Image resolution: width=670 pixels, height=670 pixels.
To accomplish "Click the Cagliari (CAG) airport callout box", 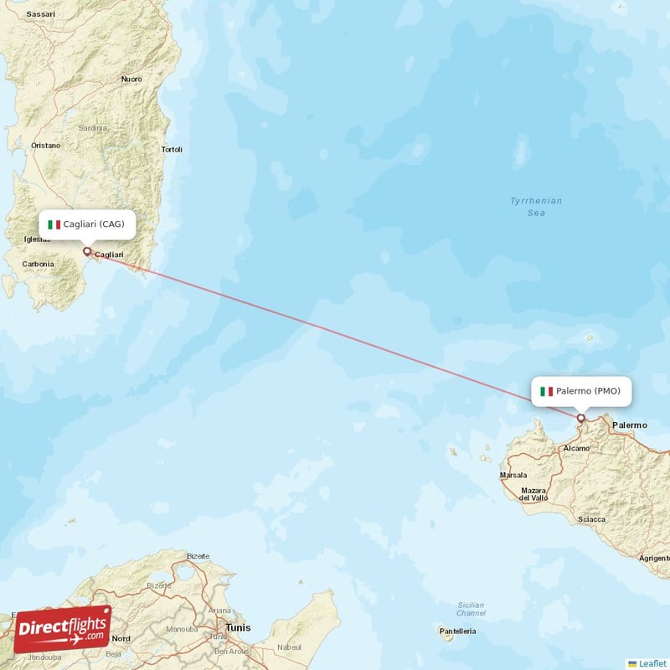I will pyautogui.click(x=87, y=224).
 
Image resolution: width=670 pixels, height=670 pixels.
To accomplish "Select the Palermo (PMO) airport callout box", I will pyautogui.click(x=580, y=391).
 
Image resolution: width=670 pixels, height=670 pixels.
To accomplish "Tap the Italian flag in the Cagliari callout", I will pyautogui.click(x=54, y=224).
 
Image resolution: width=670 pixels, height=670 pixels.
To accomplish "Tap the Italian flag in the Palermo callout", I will pyautogui.click(x=547, y=391).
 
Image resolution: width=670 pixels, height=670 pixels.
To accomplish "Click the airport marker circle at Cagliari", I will pyautogui.click(x=86, y=250).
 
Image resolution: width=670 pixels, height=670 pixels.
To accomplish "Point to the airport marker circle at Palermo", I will pyautogui.click(x=580, y=417).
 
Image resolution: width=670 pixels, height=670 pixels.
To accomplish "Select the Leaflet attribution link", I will pyautogui.click(x=652, y=662).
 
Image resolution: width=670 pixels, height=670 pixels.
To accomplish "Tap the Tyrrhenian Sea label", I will pyautogui.click(x=536, y=207).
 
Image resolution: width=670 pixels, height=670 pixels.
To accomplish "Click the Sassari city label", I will pyautogui.click(x=39, y=15).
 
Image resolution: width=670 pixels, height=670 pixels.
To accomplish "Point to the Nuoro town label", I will pyautogui.click(x=131, y=79).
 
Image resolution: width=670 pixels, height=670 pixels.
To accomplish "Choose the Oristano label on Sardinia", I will pyautogui.click(x=45, y=145).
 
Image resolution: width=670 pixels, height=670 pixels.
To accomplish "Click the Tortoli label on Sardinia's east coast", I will pyautogui.click(x=172, y=150).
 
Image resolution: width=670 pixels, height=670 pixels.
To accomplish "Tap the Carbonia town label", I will pyautogui.click(x=39, y=264).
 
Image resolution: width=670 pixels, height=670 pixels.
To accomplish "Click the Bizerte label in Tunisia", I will pyautogui.click(x=198, y=556).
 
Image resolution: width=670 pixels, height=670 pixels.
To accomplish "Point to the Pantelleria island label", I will pyautogui.click(x=458, y=631).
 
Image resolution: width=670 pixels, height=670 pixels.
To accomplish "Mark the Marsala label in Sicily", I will pyautogui.click(x=513, y=475).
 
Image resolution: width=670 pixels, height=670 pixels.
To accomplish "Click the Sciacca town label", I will pyautogui.click(x=591, y=519).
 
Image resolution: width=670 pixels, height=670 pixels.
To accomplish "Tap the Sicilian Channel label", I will pyautogui.click(x=471, y=609).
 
